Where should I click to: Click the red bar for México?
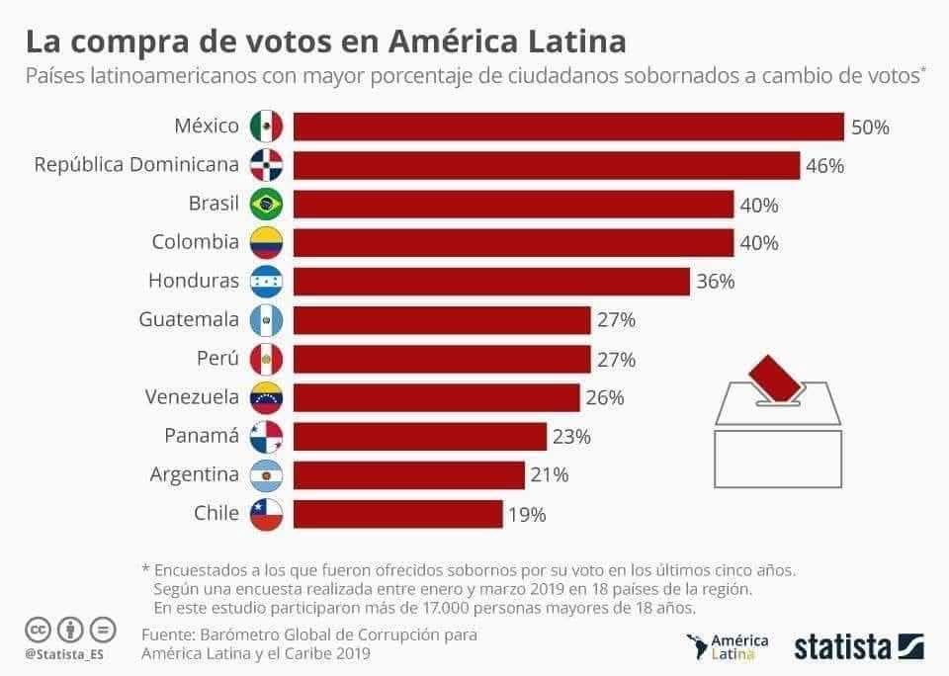(568, 127)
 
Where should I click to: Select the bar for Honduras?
(491, 282)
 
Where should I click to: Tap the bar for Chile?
(397, 514)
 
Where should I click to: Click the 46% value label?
(824, 166)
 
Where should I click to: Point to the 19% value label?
(526, 514)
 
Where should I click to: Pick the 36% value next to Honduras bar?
(715, 282)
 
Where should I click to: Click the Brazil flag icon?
(267, 205)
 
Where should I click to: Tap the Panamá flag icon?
(267, 437)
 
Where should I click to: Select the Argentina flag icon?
(267, 475)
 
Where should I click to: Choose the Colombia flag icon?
(267, 243)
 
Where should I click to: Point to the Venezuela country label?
(192, 397)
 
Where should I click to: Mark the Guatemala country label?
(189, 320)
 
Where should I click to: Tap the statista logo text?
(842, 646)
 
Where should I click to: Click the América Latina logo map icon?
(699, 647)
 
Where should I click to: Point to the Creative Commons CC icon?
(39, 629)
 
